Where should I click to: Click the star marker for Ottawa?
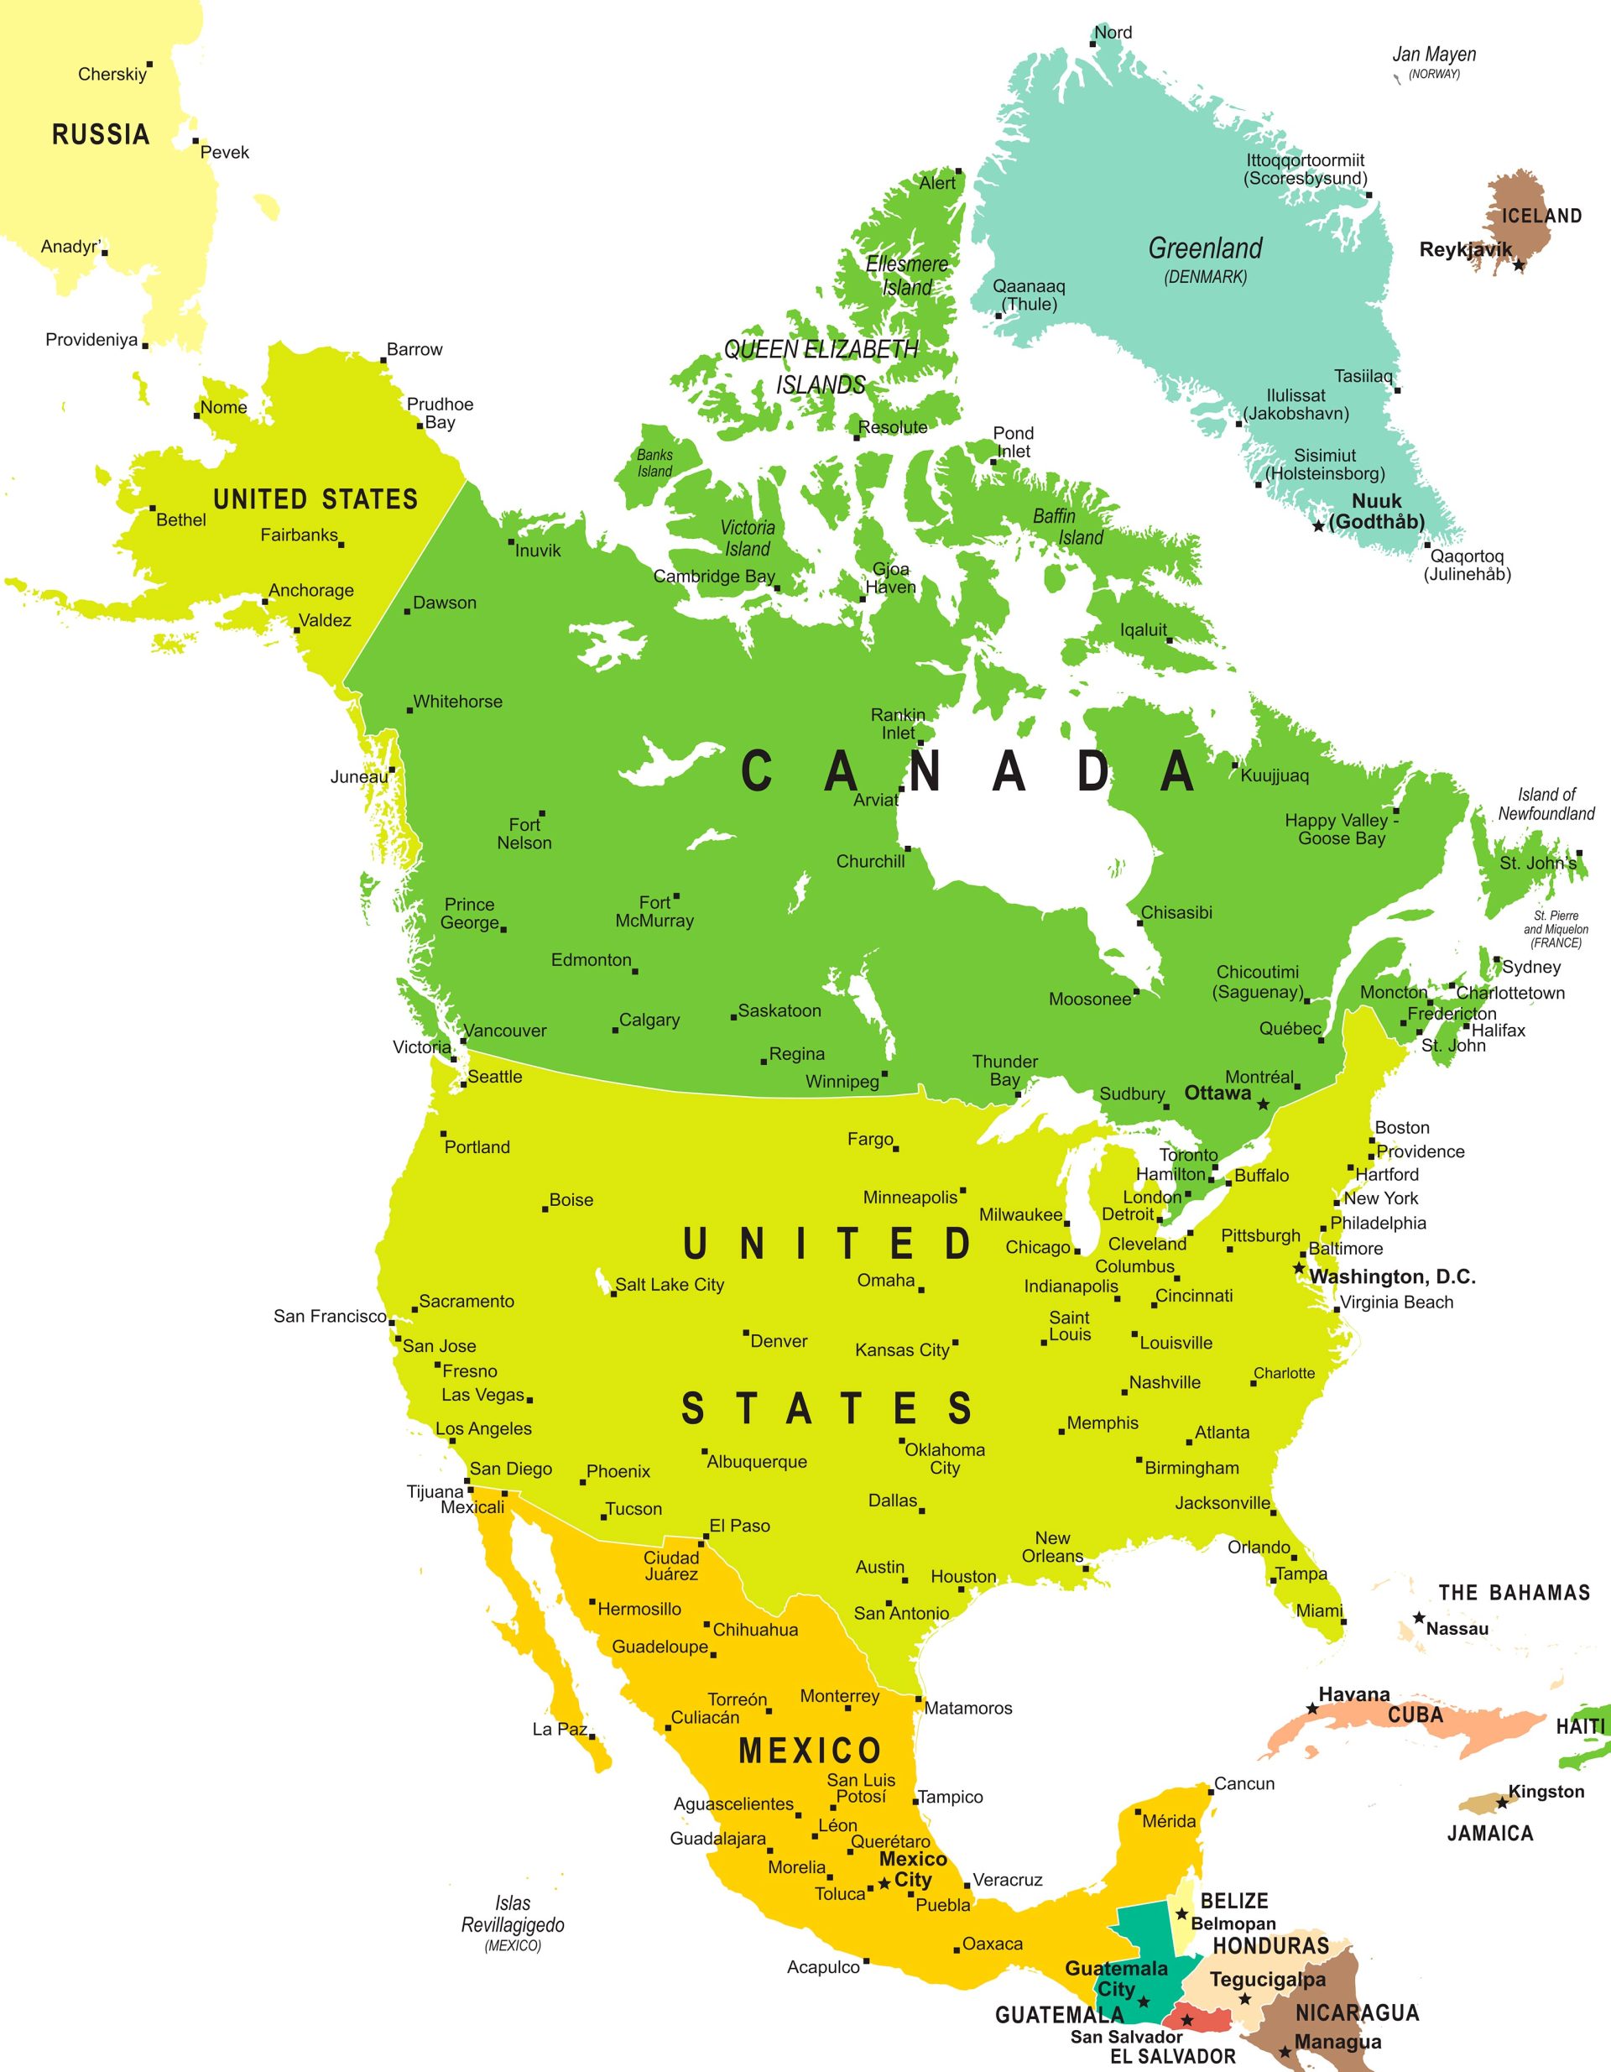click(x=1263, y=1104)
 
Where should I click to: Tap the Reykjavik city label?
click(x=1465, y=249)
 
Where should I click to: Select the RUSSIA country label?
click(x=101, y=135)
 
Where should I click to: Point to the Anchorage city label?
click(x=311, y=590)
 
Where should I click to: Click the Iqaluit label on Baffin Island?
click(x=1144, y=630)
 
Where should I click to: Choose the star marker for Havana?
click(x=1312, y=1709)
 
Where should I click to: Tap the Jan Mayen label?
click(x=1434, y=55)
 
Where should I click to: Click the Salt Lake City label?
click(x=669, y=1285)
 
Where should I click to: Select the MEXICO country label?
click(x=811, y=1751)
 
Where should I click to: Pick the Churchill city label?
click(x=870, y=861)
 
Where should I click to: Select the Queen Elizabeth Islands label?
click(x=821, y=366)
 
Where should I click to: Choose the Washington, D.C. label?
click(x=1392, y=1276)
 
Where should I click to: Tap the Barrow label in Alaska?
click(x=414, y=349)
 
